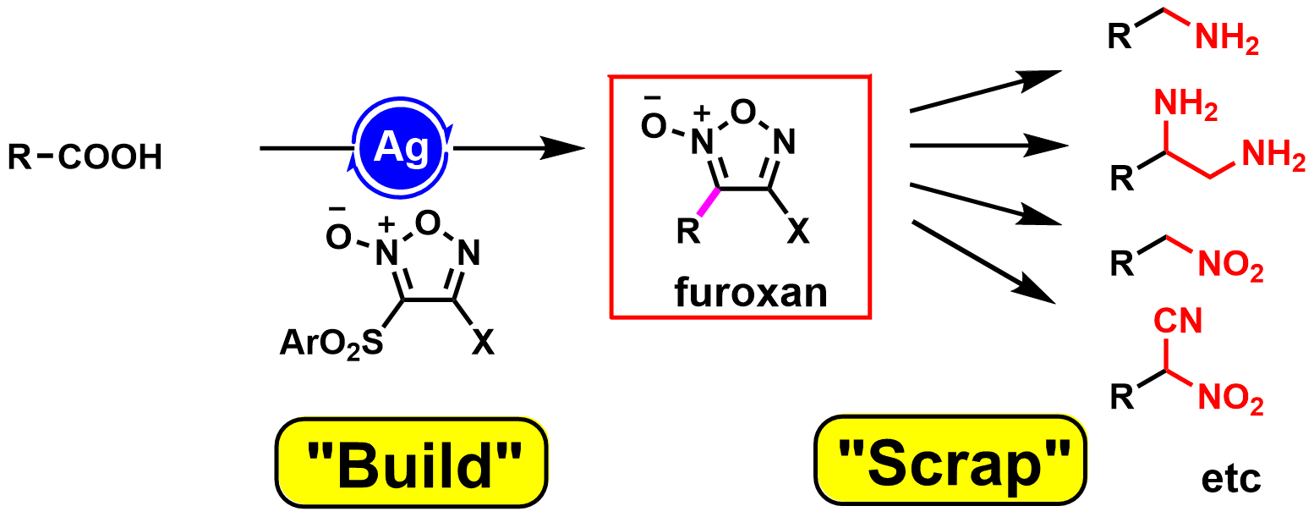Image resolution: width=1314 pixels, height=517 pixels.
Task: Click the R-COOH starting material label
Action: [x=85, y=158]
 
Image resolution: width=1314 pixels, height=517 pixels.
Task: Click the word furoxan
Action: [x=750, y=293]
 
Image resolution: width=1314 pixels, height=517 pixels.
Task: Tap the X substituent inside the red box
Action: [x=797, y=232]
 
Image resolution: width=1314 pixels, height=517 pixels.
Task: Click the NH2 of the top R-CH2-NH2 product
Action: [x=1226, y=41]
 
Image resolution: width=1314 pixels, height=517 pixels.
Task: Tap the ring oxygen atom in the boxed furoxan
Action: [x=742, y=111]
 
